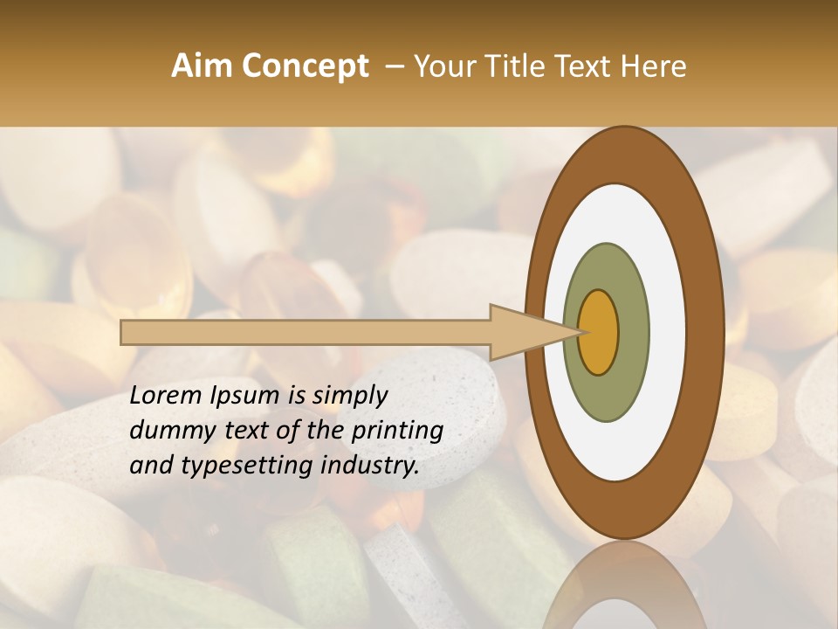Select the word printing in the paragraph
point(395,430)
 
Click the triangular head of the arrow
point(524,332)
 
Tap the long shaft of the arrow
point(306,332)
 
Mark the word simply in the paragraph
point(348,396)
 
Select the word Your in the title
point(442,66)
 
